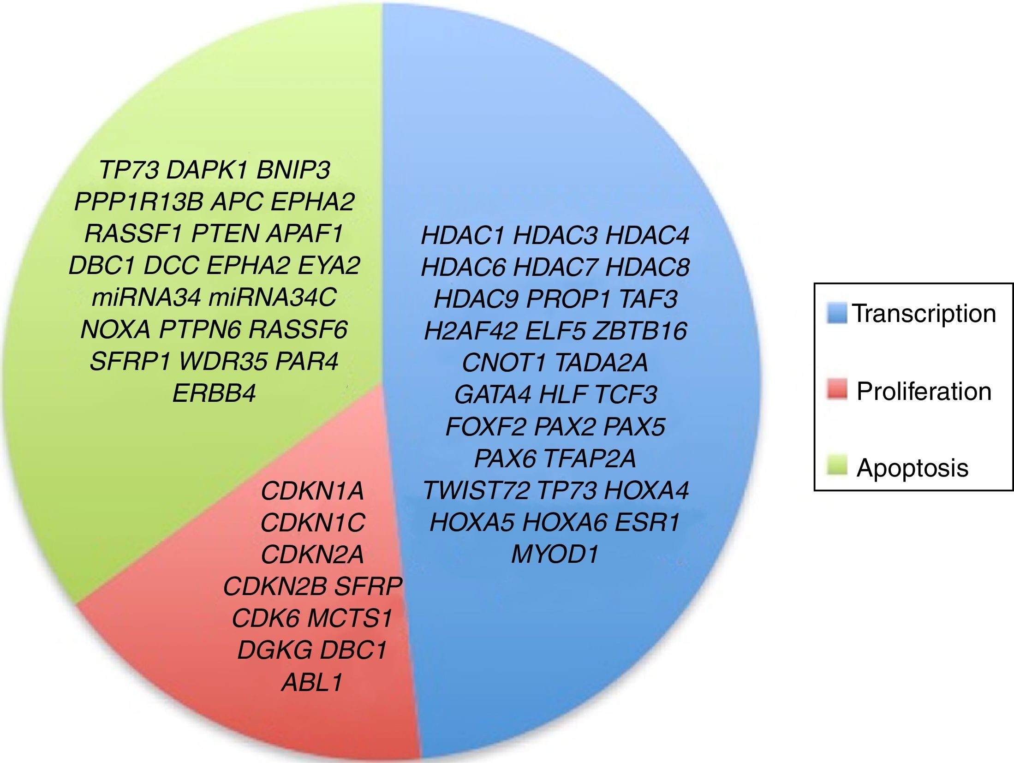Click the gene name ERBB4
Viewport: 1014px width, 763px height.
coord(214,394)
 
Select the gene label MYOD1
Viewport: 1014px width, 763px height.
coord(555,554)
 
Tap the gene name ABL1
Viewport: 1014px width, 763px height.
coord(312,682)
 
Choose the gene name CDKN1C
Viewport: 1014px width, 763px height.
coord(313,523)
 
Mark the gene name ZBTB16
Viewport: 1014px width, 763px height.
coord(640,331)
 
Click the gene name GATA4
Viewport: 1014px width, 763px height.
coord(492,395)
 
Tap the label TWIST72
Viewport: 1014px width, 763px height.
coord(476,490)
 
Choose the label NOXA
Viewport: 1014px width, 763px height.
coord(115,330)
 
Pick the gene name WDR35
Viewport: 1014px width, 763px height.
coord(223,362)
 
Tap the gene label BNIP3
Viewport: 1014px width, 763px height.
coord(293,170)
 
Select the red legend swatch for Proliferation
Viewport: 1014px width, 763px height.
coord(836,390)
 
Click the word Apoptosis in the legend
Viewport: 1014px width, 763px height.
coord(912,468)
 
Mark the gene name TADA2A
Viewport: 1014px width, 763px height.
coord(601,363)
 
